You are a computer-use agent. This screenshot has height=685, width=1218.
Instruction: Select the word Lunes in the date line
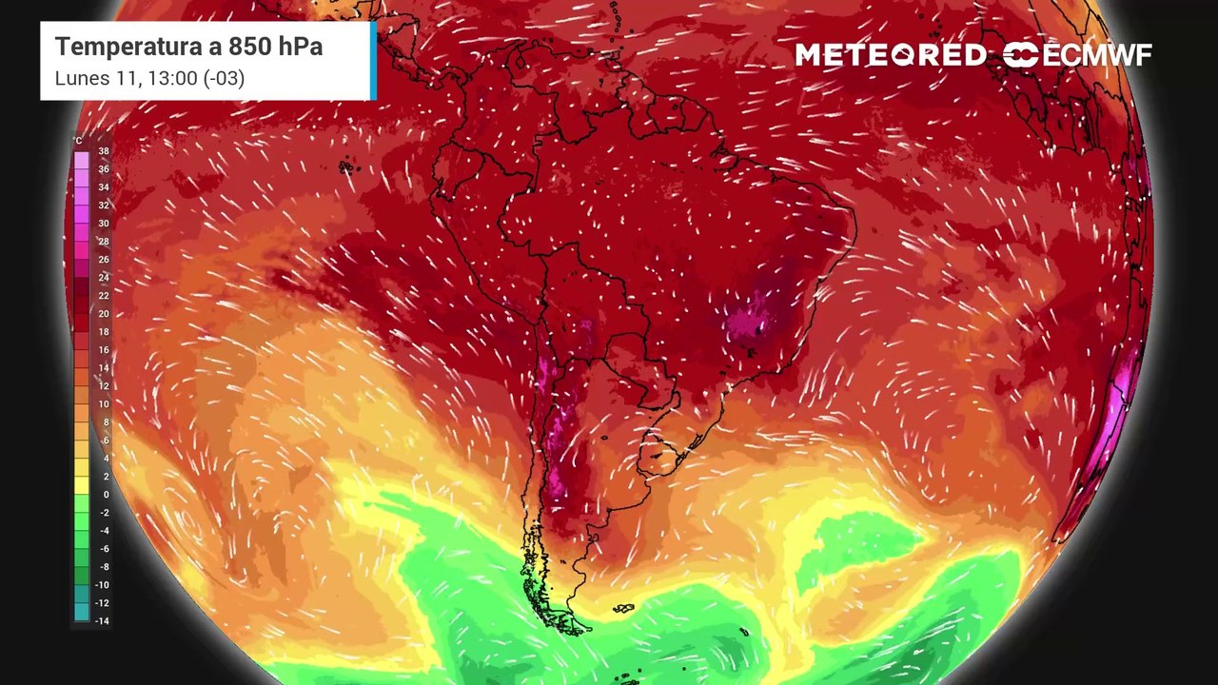[x=80, y=78]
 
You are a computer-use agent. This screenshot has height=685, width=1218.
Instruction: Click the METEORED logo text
[x=891, y=55]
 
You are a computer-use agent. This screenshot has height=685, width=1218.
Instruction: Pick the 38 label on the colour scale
[x=103, y=151]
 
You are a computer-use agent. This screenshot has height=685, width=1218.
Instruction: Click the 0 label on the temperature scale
[x=105, y=495]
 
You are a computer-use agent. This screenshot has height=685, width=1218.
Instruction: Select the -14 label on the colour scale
[x=102, y=621]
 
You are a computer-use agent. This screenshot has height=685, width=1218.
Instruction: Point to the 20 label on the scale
[x=103, y=314]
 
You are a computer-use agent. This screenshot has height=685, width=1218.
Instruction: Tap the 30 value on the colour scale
[x=103, y=224]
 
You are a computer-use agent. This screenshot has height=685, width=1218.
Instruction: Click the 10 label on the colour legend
[x=103, y=404]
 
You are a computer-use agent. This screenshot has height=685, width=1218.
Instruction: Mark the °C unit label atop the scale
[x=79, y=141]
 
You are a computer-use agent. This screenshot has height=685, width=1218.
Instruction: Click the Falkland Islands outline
[x=623, y=608]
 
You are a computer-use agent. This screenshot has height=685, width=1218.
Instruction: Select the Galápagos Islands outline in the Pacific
[x=345, y=167]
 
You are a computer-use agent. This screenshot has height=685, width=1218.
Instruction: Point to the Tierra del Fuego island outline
[x=571, y=623]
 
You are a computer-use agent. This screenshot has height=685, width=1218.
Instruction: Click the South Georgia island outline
[x=745, y=630]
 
